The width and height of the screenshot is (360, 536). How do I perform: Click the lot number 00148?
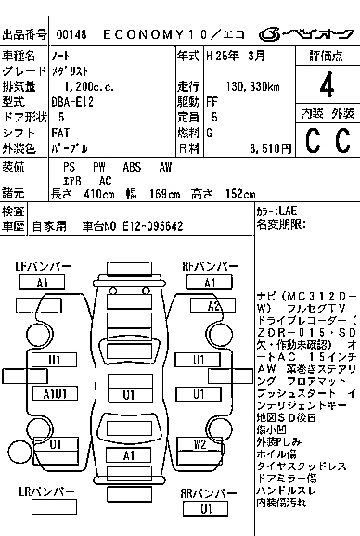pos(72,34)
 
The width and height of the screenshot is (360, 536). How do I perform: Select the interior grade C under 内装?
pos(313,141)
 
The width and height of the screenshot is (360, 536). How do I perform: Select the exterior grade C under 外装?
pos(342,141)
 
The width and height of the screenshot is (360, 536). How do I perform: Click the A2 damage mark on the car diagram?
pos(212,306)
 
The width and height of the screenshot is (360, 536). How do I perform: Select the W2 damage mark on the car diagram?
pos(199,444)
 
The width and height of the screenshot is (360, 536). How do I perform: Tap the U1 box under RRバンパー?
pos(206,508)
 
